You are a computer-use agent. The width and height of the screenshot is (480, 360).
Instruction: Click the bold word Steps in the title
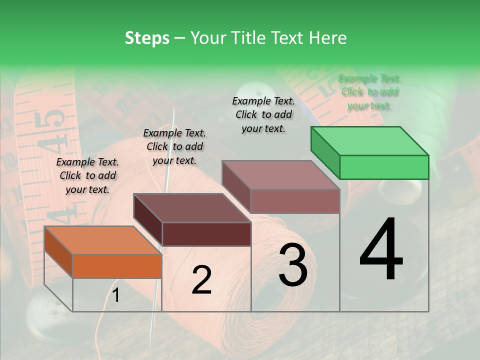(x=147, y=38)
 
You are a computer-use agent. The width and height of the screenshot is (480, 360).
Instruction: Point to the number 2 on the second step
(x=201, y=280)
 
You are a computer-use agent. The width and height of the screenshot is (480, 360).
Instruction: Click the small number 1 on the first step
(x=115, y=295)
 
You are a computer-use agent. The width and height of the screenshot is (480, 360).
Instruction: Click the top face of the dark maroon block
(x=192, y=208)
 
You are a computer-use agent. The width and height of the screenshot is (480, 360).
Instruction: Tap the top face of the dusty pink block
(x=281, y=175)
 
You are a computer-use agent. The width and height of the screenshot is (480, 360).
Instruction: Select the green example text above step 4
(x=369, y=92)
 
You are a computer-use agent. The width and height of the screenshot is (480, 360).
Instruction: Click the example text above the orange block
(x=87, y=175)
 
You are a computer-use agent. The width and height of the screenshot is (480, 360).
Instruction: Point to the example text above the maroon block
(x=174, y=146)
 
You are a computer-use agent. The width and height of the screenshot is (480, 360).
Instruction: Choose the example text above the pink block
(x=263, y=114)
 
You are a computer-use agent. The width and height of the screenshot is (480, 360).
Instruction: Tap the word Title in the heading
(x=246, y=38)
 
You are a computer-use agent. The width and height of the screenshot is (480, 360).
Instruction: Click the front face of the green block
(x=384, y=167)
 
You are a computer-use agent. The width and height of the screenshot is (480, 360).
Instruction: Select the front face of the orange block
(x=117, y=266)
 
